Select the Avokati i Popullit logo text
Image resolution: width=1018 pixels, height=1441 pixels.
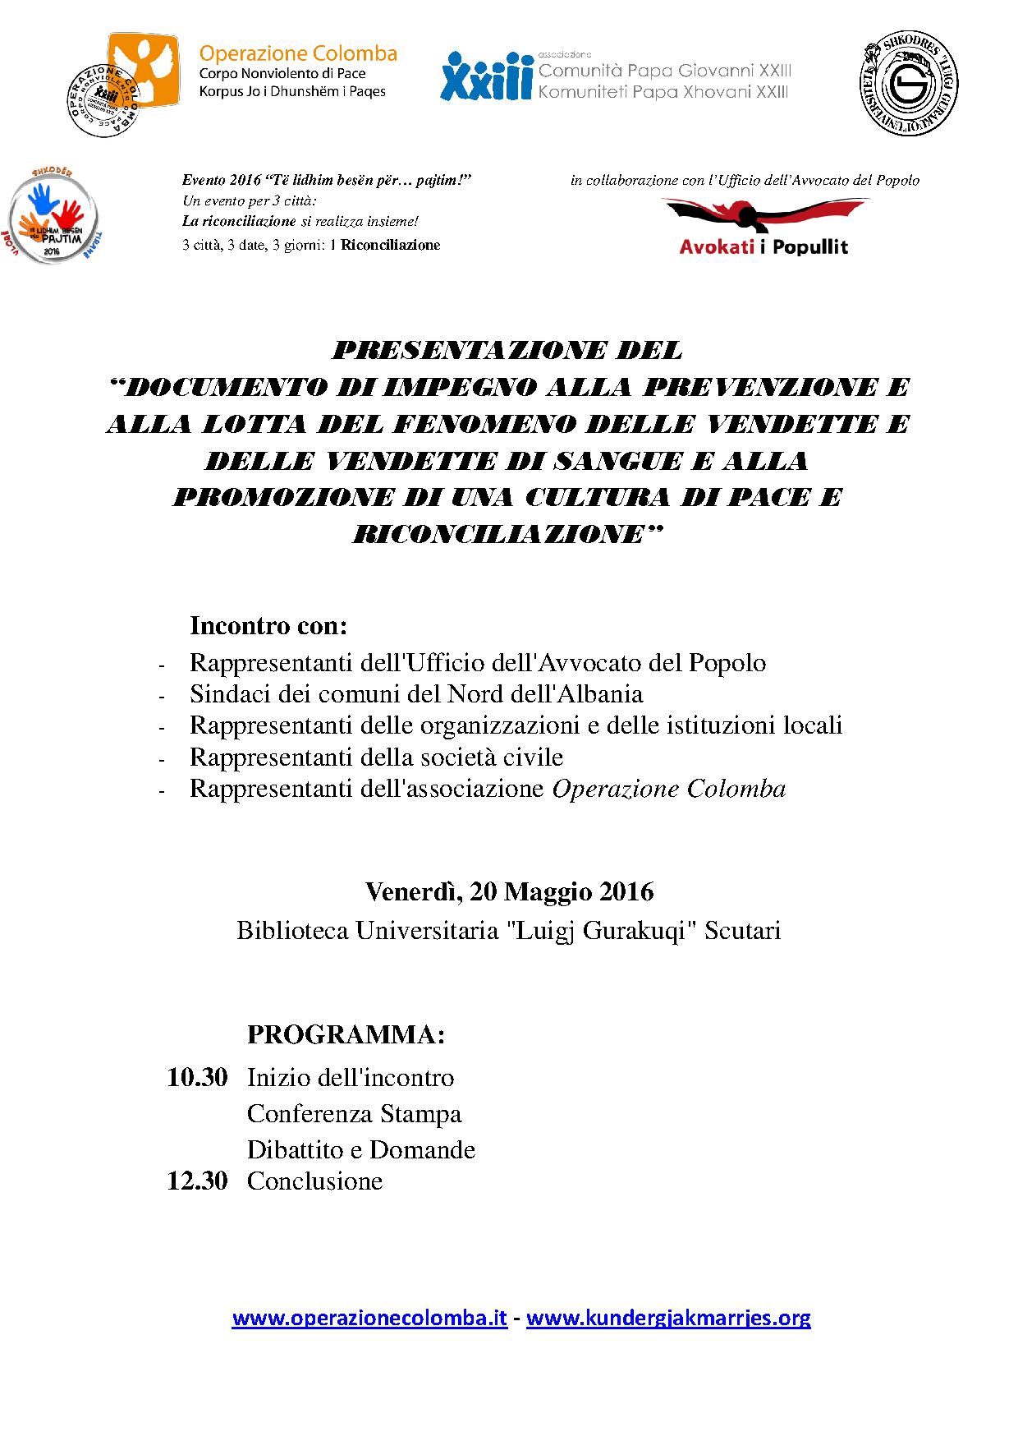tap(763, 246)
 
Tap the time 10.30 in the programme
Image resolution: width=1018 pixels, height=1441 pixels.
tap(197, 1077)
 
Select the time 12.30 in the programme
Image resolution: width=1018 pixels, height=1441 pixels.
tap(197, 1181)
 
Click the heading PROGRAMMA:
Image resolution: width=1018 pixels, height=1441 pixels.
tap(346, 1034)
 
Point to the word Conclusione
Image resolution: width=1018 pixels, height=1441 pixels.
tap(314, 1181)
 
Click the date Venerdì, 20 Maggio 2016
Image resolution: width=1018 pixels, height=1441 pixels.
tap(509, 891)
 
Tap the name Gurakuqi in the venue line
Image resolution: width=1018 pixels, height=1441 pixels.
tap(636, 931)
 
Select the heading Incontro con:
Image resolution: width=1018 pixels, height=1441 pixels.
tap(268, 626)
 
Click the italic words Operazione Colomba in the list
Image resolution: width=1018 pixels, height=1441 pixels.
tap(668, 789)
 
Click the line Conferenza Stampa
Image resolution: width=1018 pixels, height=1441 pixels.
tap(354, 1113)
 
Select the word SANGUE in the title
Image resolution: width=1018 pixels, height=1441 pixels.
tap(617, 461)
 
